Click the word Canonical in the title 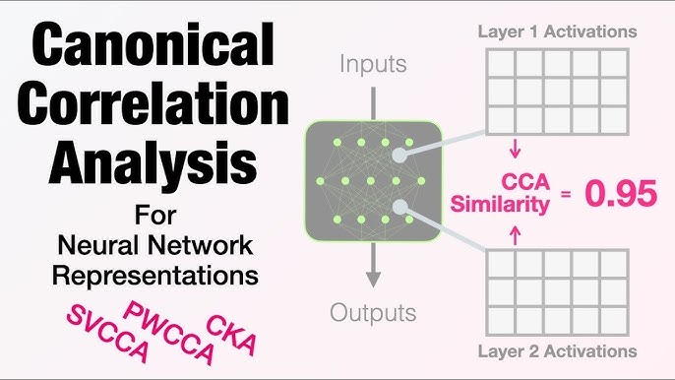tap(153, 43)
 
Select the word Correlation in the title tap(153, 103)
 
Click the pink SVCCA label tap(107, 334)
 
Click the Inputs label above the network tap(373, 65)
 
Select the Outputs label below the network tap(373, 313)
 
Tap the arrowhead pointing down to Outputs tap(373, 280)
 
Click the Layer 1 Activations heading tap(558, 32)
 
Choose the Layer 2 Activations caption tap(558, 351)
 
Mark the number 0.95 tap(621, 194)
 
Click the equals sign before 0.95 tap(566, 194)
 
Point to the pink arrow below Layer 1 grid tap(516, 149)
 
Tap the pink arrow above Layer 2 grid tap(516, 236)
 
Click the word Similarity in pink tap(500, 204)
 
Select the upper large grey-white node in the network tap(399, 156)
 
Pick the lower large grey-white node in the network tap(399, 207)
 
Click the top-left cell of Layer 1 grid tap(502, 63)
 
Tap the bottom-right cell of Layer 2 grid tap(614, 321)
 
